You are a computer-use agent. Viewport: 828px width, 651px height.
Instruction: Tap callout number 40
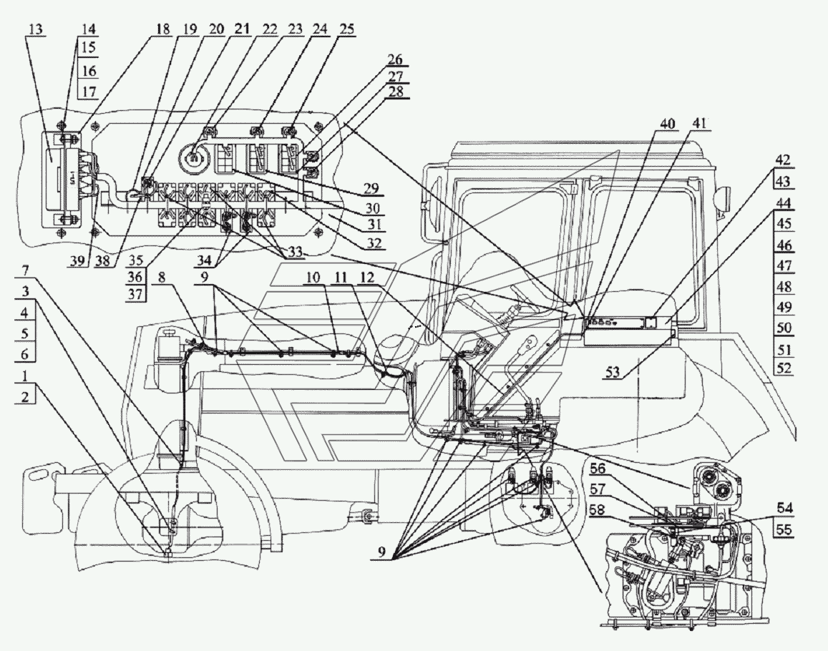[x=667, y=124]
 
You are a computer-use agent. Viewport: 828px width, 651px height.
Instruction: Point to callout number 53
[x=613, y=373]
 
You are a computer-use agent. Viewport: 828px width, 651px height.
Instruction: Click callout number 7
[x=25, y=271]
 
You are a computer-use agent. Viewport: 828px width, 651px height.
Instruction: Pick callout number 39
[x=79, y=261]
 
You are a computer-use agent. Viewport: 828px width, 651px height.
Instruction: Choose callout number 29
[x=371, y=188]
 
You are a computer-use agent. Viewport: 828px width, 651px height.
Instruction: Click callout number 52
[x=784, y=368]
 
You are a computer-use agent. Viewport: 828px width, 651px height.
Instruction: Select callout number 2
[x=25, y=396]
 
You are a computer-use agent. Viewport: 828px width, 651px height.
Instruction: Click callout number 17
[x=89, y=91]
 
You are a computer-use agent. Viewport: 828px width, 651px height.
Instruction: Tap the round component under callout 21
[x=195, y=156]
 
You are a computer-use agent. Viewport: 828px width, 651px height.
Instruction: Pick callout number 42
[x=784, y=160]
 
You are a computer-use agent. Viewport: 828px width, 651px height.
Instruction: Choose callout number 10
[x=314, y=276]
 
